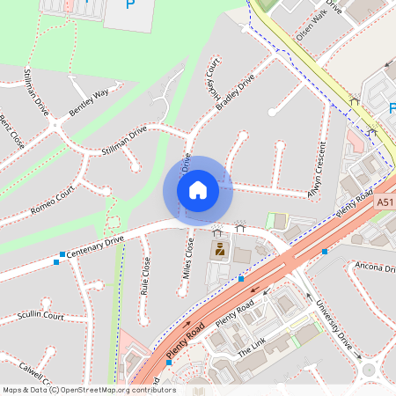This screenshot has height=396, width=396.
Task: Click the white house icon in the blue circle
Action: point(198,190)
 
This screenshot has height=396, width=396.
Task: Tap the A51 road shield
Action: point(385,202)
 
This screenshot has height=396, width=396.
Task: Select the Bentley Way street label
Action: point(90,92)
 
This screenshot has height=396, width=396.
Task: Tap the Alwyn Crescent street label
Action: point(317,168)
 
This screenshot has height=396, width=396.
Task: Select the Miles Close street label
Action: point(188,257)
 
